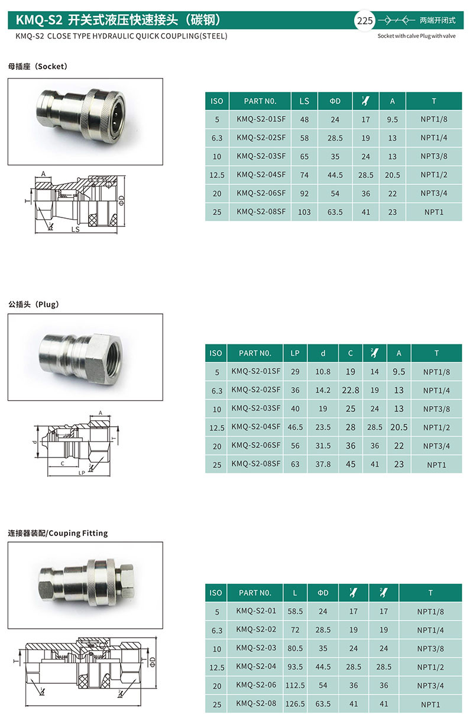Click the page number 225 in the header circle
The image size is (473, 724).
[364, 21]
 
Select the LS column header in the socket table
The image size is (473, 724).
[304, 101]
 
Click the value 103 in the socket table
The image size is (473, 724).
[304, 212]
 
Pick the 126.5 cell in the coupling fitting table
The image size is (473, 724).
[295, 704]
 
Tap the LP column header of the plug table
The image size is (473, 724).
[295, 353]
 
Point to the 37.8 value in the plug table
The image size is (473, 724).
[323, 464]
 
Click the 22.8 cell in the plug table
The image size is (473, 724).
[351, 390]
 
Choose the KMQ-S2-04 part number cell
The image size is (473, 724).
[256, 667]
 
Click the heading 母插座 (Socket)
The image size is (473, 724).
[38, 66]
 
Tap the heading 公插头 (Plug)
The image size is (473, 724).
[34, 304]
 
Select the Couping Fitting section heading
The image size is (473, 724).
[78, 533]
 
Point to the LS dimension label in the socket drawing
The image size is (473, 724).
[75, 229]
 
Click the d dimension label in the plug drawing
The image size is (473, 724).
[35, 441]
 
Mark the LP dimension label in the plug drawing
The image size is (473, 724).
[82, 473]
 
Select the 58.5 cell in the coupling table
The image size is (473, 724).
[295, 611]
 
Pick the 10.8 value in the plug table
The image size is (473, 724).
[323, 372]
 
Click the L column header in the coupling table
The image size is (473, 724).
[295, 593]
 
